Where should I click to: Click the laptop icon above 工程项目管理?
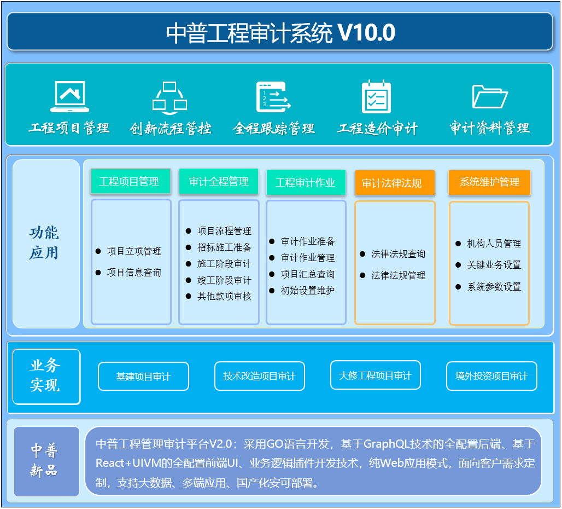[x=70, y=96]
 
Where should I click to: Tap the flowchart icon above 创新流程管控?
[x=169, y=97]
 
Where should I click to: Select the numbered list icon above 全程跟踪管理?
[x=273, y=97]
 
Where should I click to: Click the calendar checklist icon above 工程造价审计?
[x=376, y=96]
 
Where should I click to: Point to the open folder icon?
[x=490, y=96]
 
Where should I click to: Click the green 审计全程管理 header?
[x=219, y=182]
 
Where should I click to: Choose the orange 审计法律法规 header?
[x=395, y=183]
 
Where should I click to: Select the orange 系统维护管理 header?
[x=489, y=182]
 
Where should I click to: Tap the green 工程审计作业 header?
[x=306, y=183]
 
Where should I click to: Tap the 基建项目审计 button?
[x=143, y=377]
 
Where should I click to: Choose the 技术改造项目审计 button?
[x=260, y=376]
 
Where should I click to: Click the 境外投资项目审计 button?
[x=491, y=376]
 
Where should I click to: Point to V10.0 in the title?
[x=367, y=33]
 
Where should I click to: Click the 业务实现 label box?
[x=46, y=377]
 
